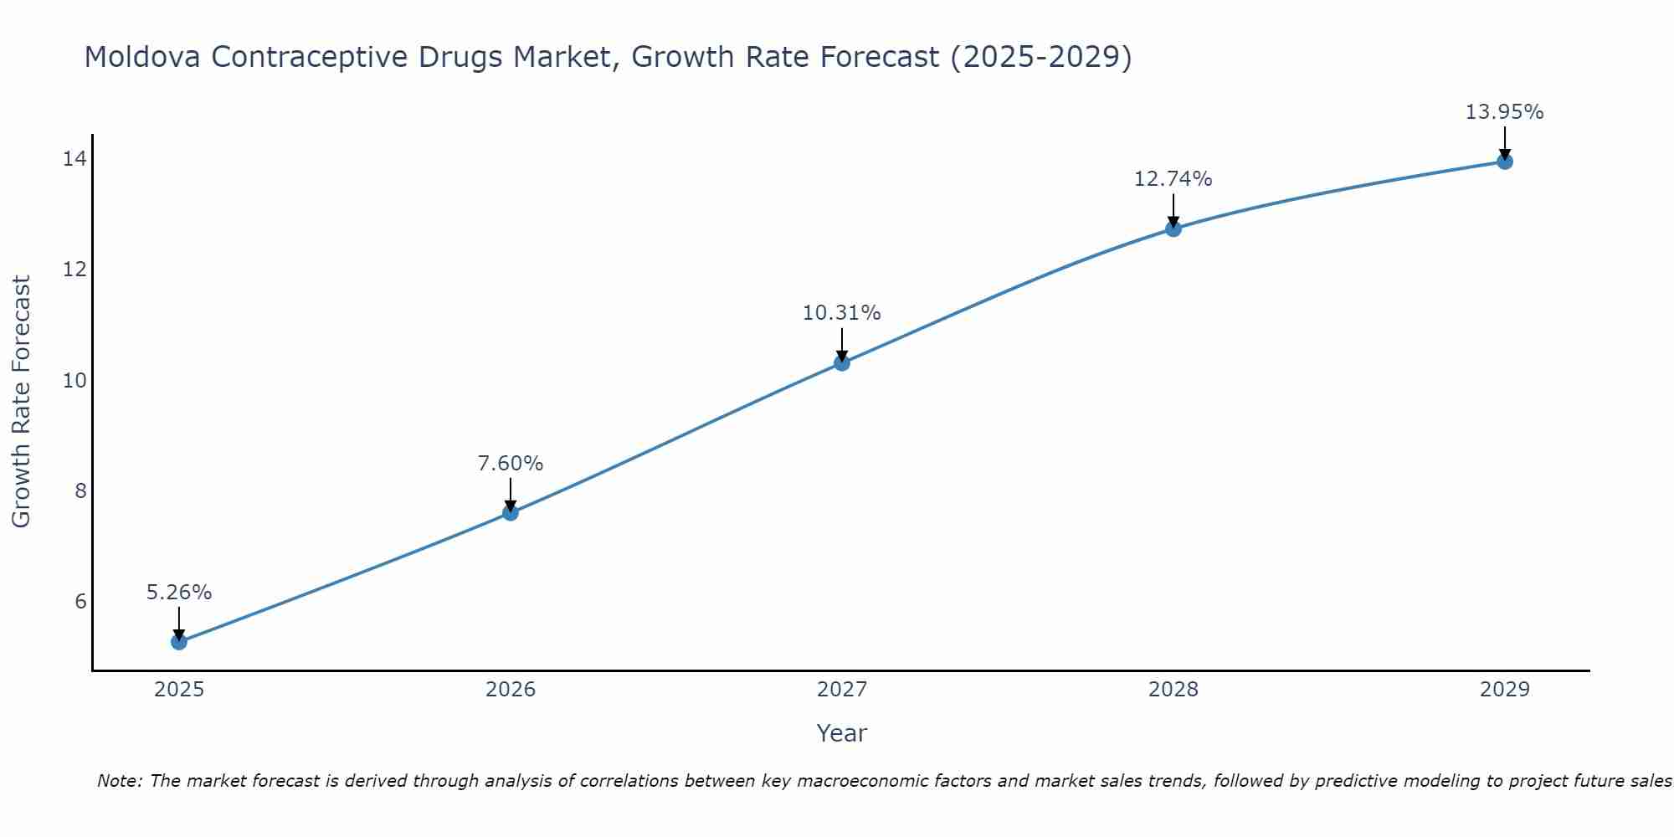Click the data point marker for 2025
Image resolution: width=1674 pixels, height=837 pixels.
click(x=179, y=642)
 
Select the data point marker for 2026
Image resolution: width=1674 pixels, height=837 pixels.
click(x=511, y=512)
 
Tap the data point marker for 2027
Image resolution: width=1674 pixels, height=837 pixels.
click(x=842, y=362)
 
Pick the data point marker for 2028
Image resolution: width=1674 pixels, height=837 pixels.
click(x=1173, y=229)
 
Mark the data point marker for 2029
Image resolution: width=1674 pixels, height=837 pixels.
click(x=1505, y=162)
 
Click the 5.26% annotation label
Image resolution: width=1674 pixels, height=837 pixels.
click(x=179, y=593)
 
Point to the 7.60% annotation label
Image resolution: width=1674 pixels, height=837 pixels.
click(x=511, y=464)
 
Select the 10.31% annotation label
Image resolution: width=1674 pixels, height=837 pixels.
click(x=842, y=313)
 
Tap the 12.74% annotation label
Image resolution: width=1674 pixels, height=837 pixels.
click(x=1173, y=179)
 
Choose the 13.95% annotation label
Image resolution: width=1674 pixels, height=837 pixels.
click(x=1505, y=112)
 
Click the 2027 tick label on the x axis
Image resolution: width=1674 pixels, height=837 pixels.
click(x=842, y=690)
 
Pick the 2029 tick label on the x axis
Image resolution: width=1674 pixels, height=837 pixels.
click(x=1505, y=690)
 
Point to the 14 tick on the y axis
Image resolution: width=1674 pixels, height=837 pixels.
click(x=74, y=158)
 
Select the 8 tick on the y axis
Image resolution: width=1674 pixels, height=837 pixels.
click(x=80, y=490)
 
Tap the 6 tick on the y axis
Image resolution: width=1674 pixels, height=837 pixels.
click(x=80, y=601)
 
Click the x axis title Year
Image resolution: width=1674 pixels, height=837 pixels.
click(x=842, y=733)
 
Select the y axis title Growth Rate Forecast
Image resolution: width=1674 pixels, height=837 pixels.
click(x=22, y=402)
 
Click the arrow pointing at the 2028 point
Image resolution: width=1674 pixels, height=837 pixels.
click(x=1173, y=211)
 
